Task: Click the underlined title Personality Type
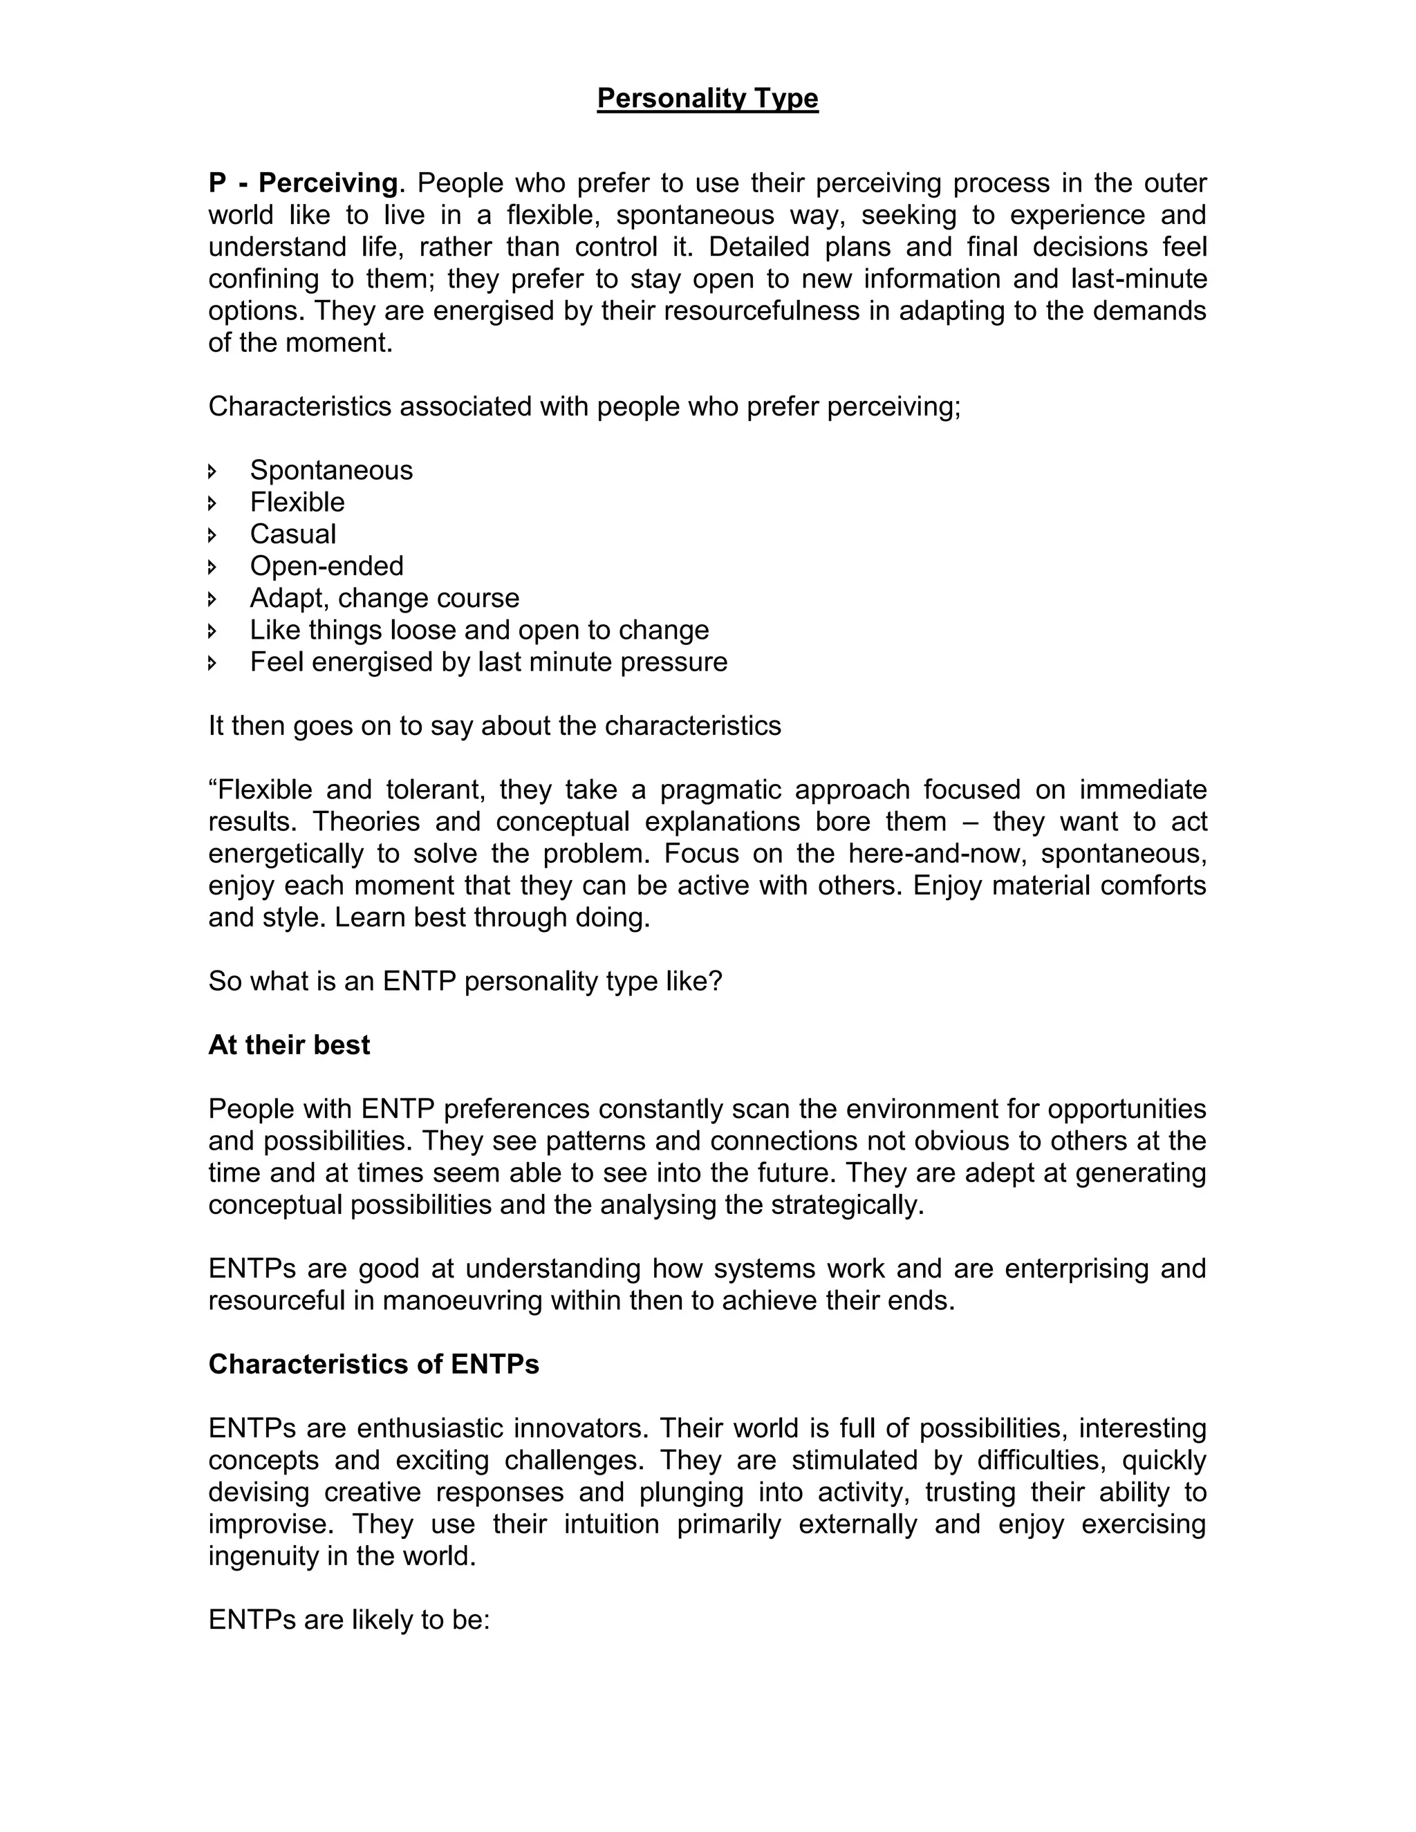707,98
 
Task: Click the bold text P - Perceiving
302,183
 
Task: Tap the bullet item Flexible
297,502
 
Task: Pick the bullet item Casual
292,534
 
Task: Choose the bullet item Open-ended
326,566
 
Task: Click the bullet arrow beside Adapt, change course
212,599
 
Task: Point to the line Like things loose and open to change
479,629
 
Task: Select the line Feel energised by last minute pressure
488,662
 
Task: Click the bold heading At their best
288,1045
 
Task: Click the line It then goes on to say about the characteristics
494,726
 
